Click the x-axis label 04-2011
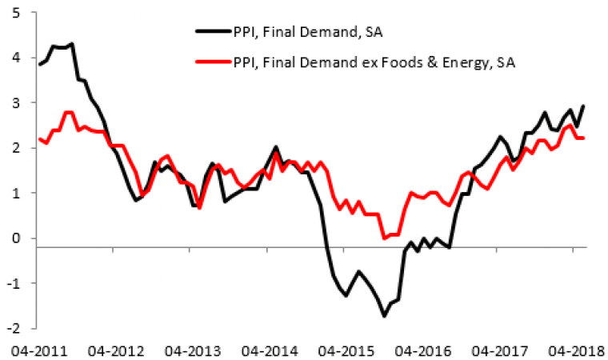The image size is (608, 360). pos(34,350)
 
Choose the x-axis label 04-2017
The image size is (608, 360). pos(496,350)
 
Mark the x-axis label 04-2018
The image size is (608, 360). pos(573,350)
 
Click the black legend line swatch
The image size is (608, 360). pos(211,32)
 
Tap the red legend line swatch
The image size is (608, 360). pos(211,62)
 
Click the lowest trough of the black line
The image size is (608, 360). pos(385,316)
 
